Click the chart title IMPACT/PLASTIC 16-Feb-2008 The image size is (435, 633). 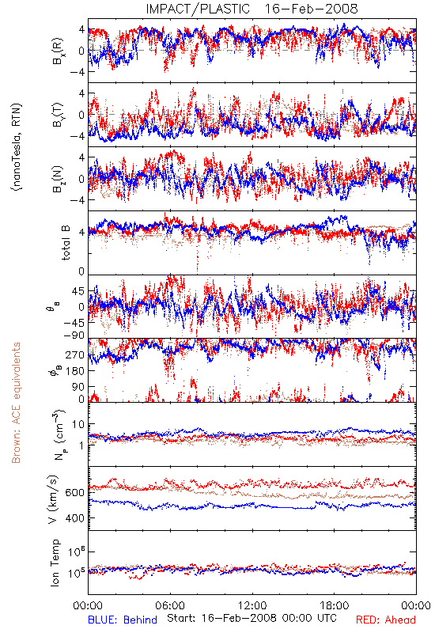coord(252,9)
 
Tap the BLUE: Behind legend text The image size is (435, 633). coord(123,620)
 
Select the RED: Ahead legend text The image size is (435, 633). coord(385,620)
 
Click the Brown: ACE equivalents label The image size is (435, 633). coord(16,403)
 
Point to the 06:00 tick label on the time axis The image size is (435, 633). coord(170,605)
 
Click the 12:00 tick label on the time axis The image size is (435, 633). coord(252,605)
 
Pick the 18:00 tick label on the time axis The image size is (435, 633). coord(335,605)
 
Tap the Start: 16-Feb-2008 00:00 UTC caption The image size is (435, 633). coord(252,618)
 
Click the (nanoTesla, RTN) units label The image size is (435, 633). coord(17,147)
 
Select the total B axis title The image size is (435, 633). coord(65,242)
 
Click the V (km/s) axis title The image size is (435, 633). coord(53,499)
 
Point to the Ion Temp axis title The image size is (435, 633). coord(55,563)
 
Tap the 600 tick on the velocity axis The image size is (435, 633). coord(75,492)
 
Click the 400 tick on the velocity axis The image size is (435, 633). coord(75,518)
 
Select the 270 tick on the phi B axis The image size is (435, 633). coord(75,354)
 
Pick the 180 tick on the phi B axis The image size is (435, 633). coord(75,370)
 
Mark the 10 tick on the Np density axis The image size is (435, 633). coord(78,424)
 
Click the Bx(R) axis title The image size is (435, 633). coord(57,51)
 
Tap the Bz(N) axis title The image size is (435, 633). coord(57,179)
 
